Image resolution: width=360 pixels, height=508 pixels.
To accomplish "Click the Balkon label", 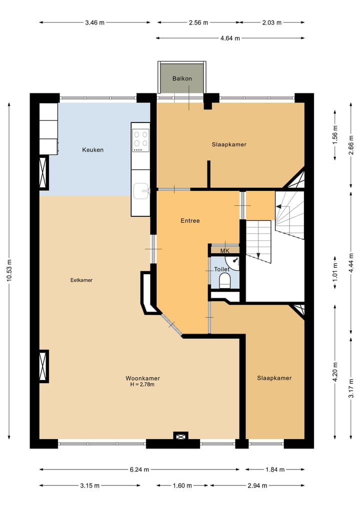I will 182,79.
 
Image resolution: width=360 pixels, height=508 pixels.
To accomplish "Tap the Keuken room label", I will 93,150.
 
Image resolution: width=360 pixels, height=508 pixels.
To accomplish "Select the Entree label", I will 190,220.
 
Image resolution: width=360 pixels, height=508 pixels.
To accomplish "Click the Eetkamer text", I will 81,280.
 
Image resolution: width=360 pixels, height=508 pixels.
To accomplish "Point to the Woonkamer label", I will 142,378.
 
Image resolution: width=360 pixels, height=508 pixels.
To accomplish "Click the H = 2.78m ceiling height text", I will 142,385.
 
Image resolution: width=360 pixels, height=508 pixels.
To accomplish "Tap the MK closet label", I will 224,250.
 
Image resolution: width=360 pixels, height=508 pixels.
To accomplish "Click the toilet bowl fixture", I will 224,281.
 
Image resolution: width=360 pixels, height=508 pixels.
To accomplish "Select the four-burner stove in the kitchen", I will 140,140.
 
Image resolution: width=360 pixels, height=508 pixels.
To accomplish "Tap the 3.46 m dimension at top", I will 95,22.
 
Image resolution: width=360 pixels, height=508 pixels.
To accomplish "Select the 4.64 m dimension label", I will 230,38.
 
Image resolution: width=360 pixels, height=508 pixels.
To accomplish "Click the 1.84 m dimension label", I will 274,470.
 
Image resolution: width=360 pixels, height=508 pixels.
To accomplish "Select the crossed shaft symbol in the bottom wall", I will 180,436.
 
